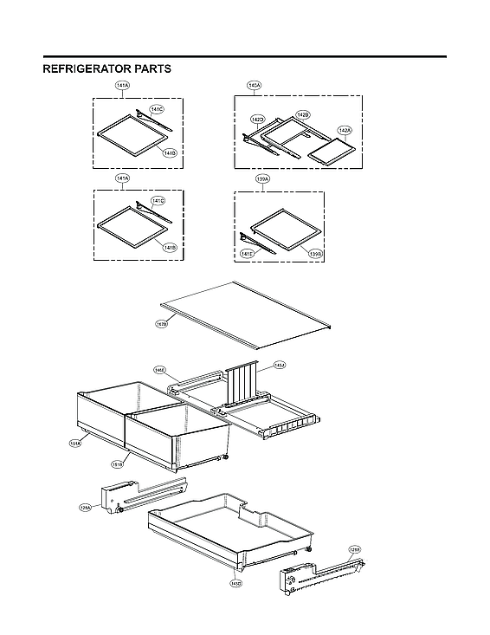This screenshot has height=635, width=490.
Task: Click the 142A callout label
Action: click(x=344, y=130)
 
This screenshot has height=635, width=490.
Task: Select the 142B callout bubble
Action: click(x=302, y=114)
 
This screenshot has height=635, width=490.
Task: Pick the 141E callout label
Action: click(x=248, y=254)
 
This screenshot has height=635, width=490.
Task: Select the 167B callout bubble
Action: click(x=162, y=325)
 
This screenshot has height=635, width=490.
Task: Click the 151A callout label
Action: click(x=75, y=444)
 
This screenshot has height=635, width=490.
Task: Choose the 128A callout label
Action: click(x=85, y=509)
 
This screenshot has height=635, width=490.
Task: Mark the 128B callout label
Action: click(x=355, y=549)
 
